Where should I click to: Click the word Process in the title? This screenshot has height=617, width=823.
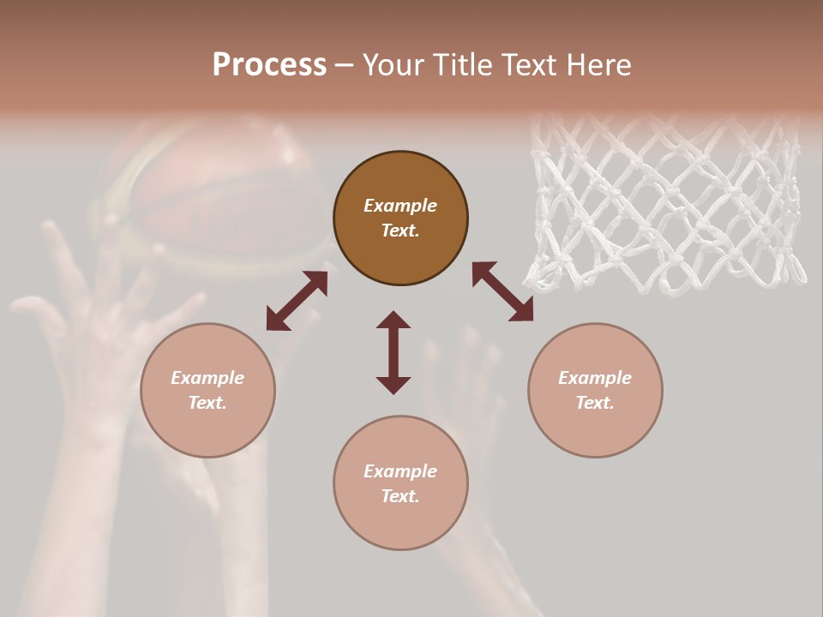pos(269,65)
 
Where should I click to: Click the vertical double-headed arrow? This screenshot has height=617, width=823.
pos(393,352)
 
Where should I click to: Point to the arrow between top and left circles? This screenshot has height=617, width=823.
pos(297,301)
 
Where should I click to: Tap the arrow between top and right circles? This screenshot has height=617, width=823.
pos(502,291)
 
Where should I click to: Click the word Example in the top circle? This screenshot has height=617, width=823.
pos(400,206)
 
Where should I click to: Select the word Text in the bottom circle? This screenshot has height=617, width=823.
pos(399,496)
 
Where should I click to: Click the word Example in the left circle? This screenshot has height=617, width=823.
pos(207,378)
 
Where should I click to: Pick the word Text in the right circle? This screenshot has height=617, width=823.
pos(594,403)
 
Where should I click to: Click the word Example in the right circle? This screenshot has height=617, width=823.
pos(595,378)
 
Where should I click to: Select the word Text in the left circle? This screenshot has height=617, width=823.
pos(207,403)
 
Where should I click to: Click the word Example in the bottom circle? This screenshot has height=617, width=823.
pos(400,471)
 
